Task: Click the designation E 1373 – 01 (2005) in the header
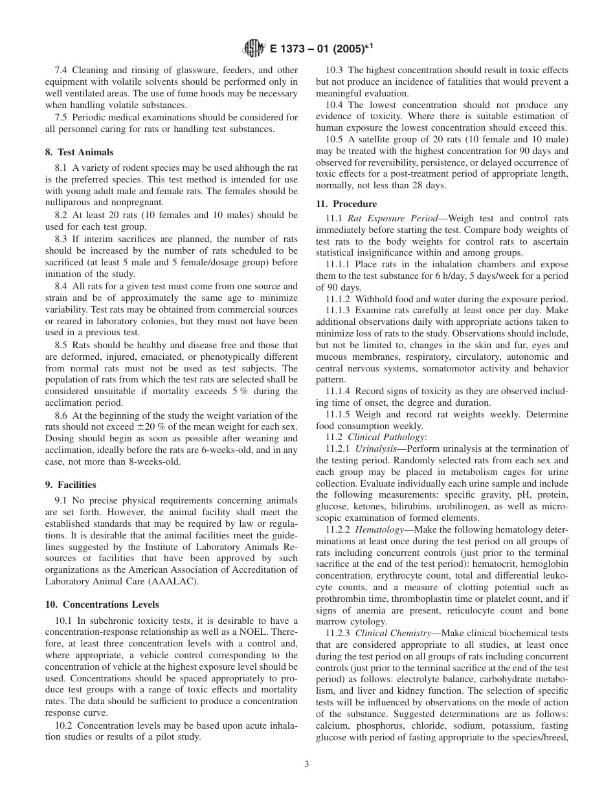(317, 48)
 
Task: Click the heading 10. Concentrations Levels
(102, 604)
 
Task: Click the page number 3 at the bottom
(307, 764)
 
